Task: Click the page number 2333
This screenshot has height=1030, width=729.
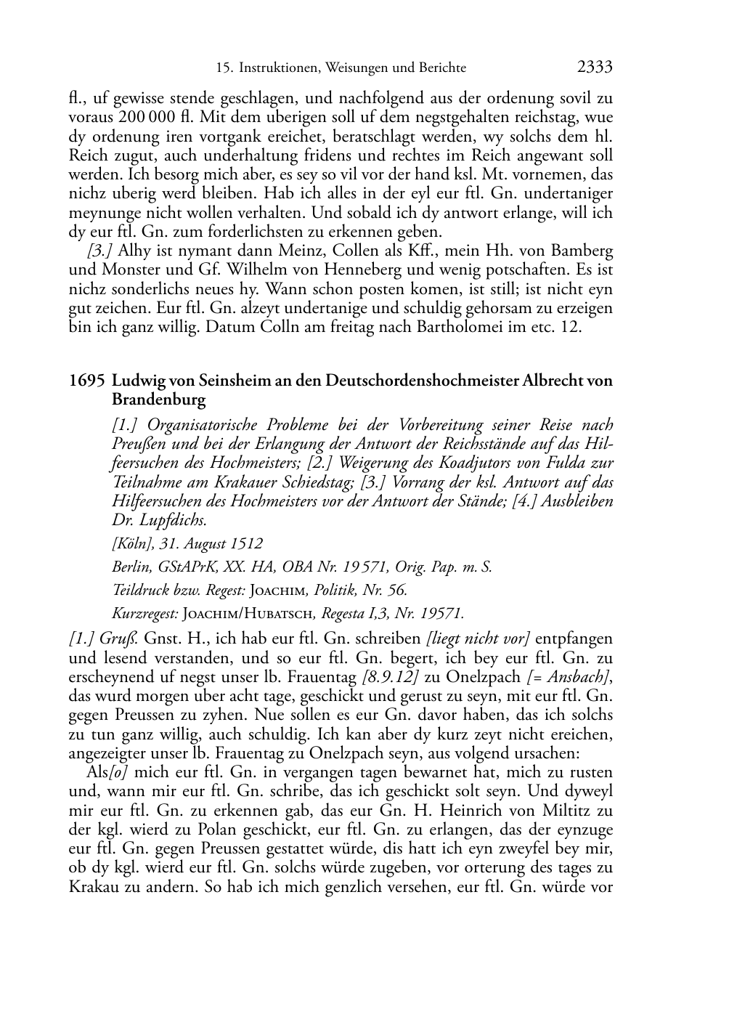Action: pos(595,68)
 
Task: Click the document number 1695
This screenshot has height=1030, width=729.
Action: pos(87,381)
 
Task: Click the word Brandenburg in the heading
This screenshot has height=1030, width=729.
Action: pos(158,400)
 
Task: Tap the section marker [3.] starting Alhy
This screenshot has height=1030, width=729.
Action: pos(99,252)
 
